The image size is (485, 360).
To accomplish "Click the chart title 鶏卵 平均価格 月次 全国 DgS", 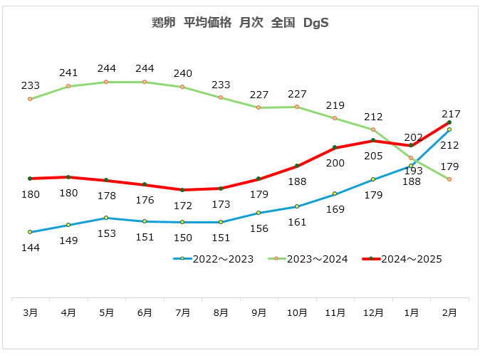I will [x=240, y=23].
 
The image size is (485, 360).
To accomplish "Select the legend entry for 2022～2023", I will [x=214, y=259].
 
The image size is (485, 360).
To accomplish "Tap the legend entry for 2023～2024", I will [x=308, y=259].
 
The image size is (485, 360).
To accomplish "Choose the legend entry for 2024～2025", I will [x=402, y=259].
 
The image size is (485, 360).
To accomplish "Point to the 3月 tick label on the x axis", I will [x=31, y=312].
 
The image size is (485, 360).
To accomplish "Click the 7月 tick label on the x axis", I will [x=183, y=312].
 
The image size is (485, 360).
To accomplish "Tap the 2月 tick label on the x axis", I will [x=449, y=312].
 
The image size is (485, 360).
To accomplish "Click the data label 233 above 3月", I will [x=31, y=85].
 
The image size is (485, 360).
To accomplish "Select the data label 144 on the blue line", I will [x=31, y=248].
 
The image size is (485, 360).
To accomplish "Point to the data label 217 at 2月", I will [x=451, y=114].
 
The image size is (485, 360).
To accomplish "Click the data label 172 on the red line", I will [x=183, y=206].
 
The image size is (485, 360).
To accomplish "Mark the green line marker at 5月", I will [x=106, y=83].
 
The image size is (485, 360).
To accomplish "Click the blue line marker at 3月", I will [x=30, y=232].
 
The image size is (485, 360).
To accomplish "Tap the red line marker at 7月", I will [x=182, y=190].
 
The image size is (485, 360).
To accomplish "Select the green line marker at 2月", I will [x=449, y=179].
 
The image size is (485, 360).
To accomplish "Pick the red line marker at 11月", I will [x=335, y=148].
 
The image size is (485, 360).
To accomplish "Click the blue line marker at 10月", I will [x=297, y=206].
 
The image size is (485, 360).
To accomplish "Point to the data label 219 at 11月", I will [x=335, y=105].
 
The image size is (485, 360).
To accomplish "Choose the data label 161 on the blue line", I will [x=297, y=222].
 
